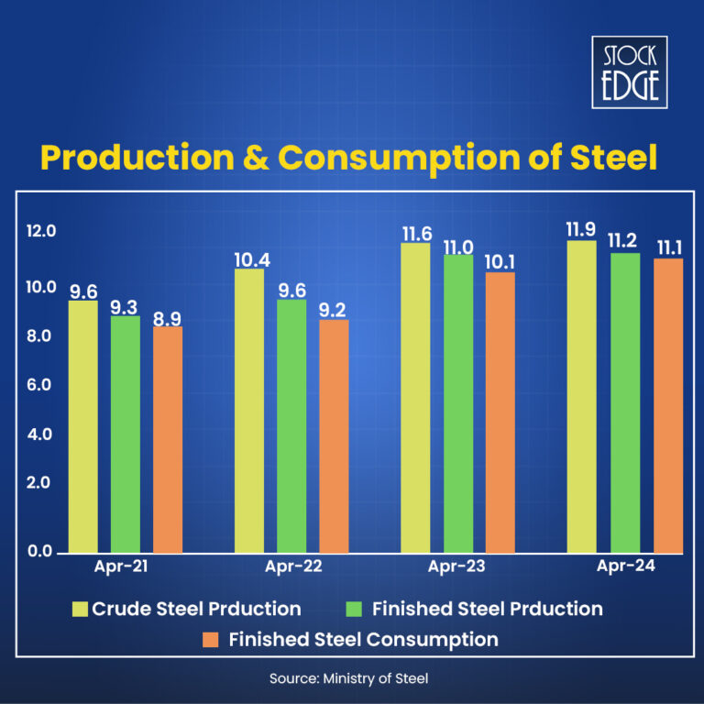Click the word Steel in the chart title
tap(612, 157)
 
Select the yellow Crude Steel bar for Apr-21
tap(83, 426)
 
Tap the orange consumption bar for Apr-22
tap(334, 436)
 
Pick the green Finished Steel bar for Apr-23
tap(458, 403)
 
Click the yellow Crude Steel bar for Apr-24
tap(581, 397)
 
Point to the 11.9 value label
tap(581, 228)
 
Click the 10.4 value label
tap(251, 259)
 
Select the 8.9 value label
tap(168, 317)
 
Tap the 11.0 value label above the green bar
tap(458, 246)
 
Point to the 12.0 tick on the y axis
tap(41, 231)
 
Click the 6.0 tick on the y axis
tap(38, 386)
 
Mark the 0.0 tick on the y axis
tap(38, 551)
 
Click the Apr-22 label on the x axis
tap(293, 566)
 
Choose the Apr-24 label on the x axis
tap(627, 566)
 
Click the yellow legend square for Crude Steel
tap(80, 609)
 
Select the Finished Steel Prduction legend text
tap(488, 609)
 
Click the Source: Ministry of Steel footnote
tap(348, 678)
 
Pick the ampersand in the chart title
tap(257, 157)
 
